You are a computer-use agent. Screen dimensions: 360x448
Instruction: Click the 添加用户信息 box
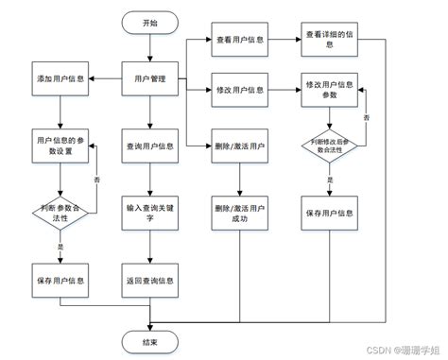click(x=59, y=78)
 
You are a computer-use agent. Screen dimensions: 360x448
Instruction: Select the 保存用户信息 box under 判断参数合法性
click(x=59, y=281)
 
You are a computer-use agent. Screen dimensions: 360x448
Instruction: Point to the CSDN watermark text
click(x=398, y=351)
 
